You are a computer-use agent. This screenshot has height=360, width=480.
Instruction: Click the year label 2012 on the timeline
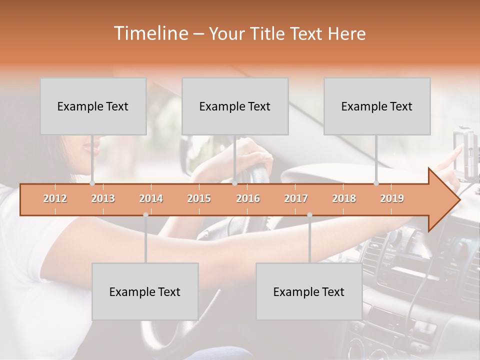55,198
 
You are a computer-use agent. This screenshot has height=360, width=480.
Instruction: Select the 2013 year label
103,198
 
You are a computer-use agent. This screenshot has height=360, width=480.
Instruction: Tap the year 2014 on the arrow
151,198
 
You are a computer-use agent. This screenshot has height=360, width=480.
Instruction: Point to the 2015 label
199,198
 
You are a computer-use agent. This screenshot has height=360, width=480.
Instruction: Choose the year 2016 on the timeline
248,198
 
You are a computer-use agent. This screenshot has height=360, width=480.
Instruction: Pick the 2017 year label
296,198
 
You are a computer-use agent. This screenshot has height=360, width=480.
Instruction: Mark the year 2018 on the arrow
344,198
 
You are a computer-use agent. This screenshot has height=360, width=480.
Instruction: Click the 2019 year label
392,198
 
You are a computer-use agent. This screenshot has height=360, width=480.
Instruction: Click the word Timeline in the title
150,33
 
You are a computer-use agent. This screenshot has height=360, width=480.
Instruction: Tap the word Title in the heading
270,34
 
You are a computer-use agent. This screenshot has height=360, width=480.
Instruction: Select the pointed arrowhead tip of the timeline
458,200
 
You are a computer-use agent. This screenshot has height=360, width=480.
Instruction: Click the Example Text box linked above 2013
93,106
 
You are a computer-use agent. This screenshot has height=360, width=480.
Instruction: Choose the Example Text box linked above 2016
235,106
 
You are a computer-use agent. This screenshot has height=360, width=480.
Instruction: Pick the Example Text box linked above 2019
377,106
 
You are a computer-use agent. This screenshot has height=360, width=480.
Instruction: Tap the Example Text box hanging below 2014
145,291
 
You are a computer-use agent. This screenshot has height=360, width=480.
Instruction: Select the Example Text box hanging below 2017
309,291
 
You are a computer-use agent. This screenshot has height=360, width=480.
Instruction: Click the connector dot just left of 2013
92,183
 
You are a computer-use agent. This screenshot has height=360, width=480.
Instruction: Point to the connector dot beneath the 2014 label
145,214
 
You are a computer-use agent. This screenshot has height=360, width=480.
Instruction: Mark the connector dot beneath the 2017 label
309,214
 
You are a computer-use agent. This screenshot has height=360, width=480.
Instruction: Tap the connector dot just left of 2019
376,183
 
